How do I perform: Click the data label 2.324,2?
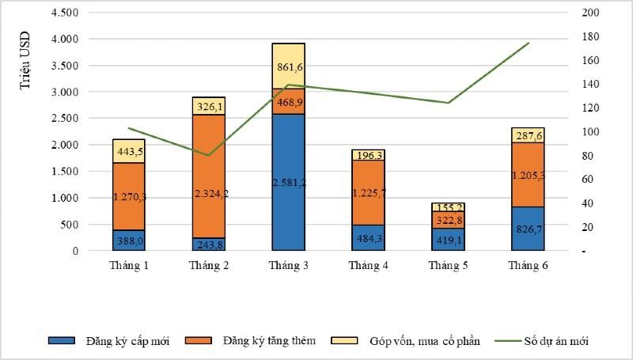click(x=209, y=193)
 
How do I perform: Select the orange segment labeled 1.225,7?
click(x=368, y=192)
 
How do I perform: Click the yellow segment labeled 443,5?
click(x=128, y=151)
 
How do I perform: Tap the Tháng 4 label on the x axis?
click(x=368, y=265)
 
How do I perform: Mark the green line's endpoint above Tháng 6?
click(x=529, y=43)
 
